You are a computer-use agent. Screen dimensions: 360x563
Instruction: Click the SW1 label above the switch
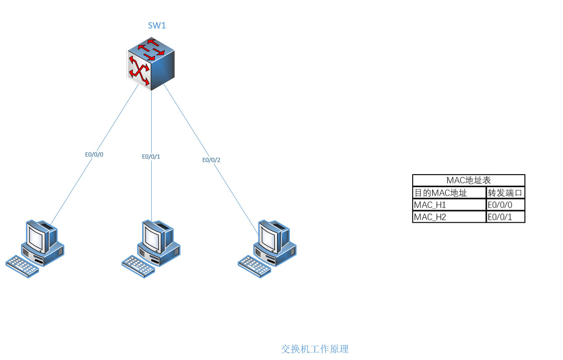(x=157, y=26)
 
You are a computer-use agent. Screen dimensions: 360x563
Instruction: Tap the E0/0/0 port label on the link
(x=94, y=154)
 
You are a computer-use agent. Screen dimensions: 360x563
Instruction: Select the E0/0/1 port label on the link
(x=151, y=157)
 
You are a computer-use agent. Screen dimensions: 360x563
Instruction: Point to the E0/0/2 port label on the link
(x=211, y=160)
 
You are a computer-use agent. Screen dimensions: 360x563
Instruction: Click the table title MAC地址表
(x=468, y=180)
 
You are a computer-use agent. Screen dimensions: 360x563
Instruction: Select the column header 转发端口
(x=505, y=193)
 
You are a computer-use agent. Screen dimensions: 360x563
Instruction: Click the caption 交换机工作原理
(x=315, y=349)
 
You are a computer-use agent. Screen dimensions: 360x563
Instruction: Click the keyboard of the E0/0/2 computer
(x=255, y=266)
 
